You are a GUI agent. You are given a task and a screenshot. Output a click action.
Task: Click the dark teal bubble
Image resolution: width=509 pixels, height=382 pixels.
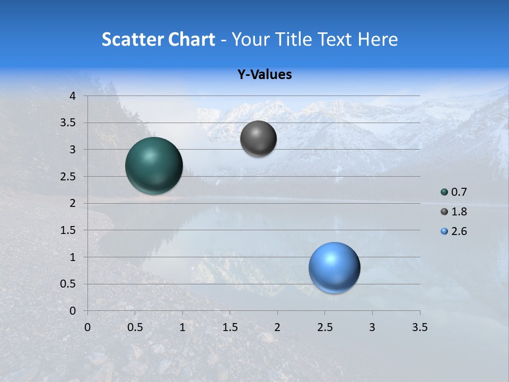(x=154, y=166)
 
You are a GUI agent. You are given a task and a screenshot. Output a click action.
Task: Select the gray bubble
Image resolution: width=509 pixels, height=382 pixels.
(x=258, y=138)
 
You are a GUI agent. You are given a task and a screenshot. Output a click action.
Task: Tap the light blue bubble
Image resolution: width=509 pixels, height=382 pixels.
(x=335, y=267)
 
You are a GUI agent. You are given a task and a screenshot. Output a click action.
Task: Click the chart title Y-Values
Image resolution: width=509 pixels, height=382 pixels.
(x=265, y=75)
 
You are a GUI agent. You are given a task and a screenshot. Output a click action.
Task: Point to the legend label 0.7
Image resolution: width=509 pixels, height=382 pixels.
(x=459, y=192)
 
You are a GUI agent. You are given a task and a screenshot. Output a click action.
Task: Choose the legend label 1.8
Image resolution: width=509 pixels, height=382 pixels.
(x=459, y=212)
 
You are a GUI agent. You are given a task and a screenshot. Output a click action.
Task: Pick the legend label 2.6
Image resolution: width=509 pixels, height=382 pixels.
(x=459, y=231)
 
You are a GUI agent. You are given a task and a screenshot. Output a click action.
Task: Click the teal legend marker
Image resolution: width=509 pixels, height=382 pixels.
(x=444, y=192)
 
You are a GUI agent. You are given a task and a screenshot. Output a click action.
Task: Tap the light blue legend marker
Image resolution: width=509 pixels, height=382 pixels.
(x=444, y=231)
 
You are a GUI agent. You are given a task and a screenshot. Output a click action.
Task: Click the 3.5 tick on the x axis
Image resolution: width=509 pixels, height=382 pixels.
(x=419, y=327)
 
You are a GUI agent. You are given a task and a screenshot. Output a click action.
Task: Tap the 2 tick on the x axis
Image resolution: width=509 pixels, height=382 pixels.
(x=277, y=327)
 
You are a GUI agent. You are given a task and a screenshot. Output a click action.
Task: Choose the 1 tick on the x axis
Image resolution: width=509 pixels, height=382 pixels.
(x=182, y=327)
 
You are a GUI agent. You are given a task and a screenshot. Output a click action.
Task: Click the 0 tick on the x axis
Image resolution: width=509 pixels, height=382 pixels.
(x=87, y=327)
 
